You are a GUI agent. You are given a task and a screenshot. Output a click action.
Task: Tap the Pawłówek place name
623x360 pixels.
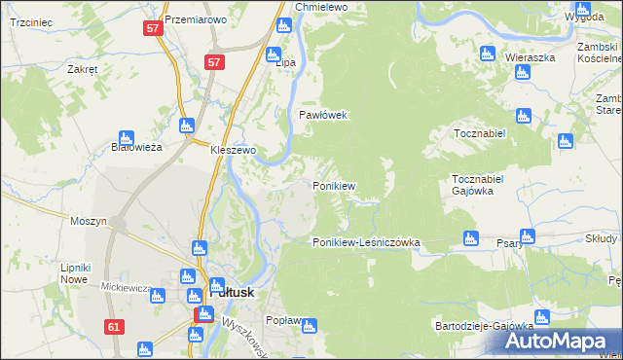pos(322,115)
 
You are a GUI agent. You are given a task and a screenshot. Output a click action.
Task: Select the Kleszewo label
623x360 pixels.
pos(233,151)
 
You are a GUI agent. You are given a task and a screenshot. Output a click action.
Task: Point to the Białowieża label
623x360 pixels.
pos(135,147)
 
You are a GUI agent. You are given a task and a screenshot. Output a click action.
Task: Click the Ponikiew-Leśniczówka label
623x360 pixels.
pos(365,242)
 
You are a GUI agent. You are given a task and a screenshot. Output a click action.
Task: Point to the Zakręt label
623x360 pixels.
pos(83,70)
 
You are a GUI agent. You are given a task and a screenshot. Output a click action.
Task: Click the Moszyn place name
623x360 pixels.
pos(88,221)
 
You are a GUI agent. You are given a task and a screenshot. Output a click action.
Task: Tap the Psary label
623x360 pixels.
pos(509,243)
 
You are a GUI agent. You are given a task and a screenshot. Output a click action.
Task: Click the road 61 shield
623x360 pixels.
pos(115,327)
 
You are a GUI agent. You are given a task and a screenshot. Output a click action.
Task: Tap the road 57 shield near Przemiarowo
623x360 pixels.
pos(152,29)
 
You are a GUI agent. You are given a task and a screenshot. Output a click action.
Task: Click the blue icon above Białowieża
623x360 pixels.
pos(126,138)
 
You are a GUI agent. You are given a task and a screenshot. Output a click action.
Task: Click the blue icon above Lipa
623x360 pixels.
pos(274,54)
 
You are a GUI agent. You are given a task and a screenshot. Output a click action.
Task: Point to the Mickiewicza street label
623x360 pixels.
pos(127,288)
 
